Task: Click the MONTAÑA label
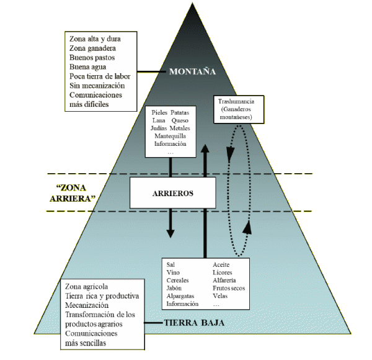point(192,71)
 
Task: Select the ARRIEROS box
point(173,193)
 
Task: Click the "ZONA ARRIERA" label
point(71,192)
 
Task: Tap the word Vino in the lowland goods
point(174,272)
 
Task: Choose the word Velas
point(220,296)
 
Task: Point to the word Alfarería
point(224,280)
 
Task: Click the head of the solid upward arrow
point(204,149)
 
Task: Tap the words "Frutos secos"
point(229,288)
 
